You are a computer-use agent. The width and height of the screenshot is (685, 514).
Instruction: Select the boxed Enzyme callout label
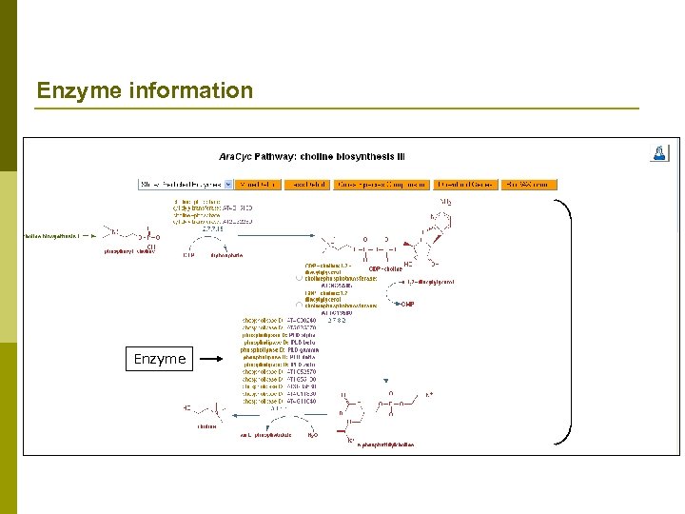[160, 359]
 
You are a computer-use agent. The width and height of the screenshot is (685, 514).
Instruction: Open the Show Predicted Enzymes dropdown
[186, 184]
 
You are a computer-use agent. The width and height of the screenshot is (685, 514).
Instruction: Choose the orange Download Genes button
[466, 184]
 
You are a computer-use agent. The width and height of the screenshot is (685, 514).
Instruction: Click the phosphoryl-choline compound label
[129, 252]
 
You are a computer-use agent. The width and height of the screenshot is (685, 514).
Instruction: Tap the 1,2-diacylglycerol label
[430, 283]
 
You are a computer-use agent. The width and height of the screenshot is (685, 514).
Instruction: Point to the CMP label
[407, 304]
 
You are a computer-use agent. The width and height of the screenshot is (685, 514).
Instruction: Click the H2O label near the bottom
[313, 435]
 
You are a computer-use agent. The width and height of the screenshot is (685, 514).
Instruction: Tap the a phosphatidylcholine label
[385, 445]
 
